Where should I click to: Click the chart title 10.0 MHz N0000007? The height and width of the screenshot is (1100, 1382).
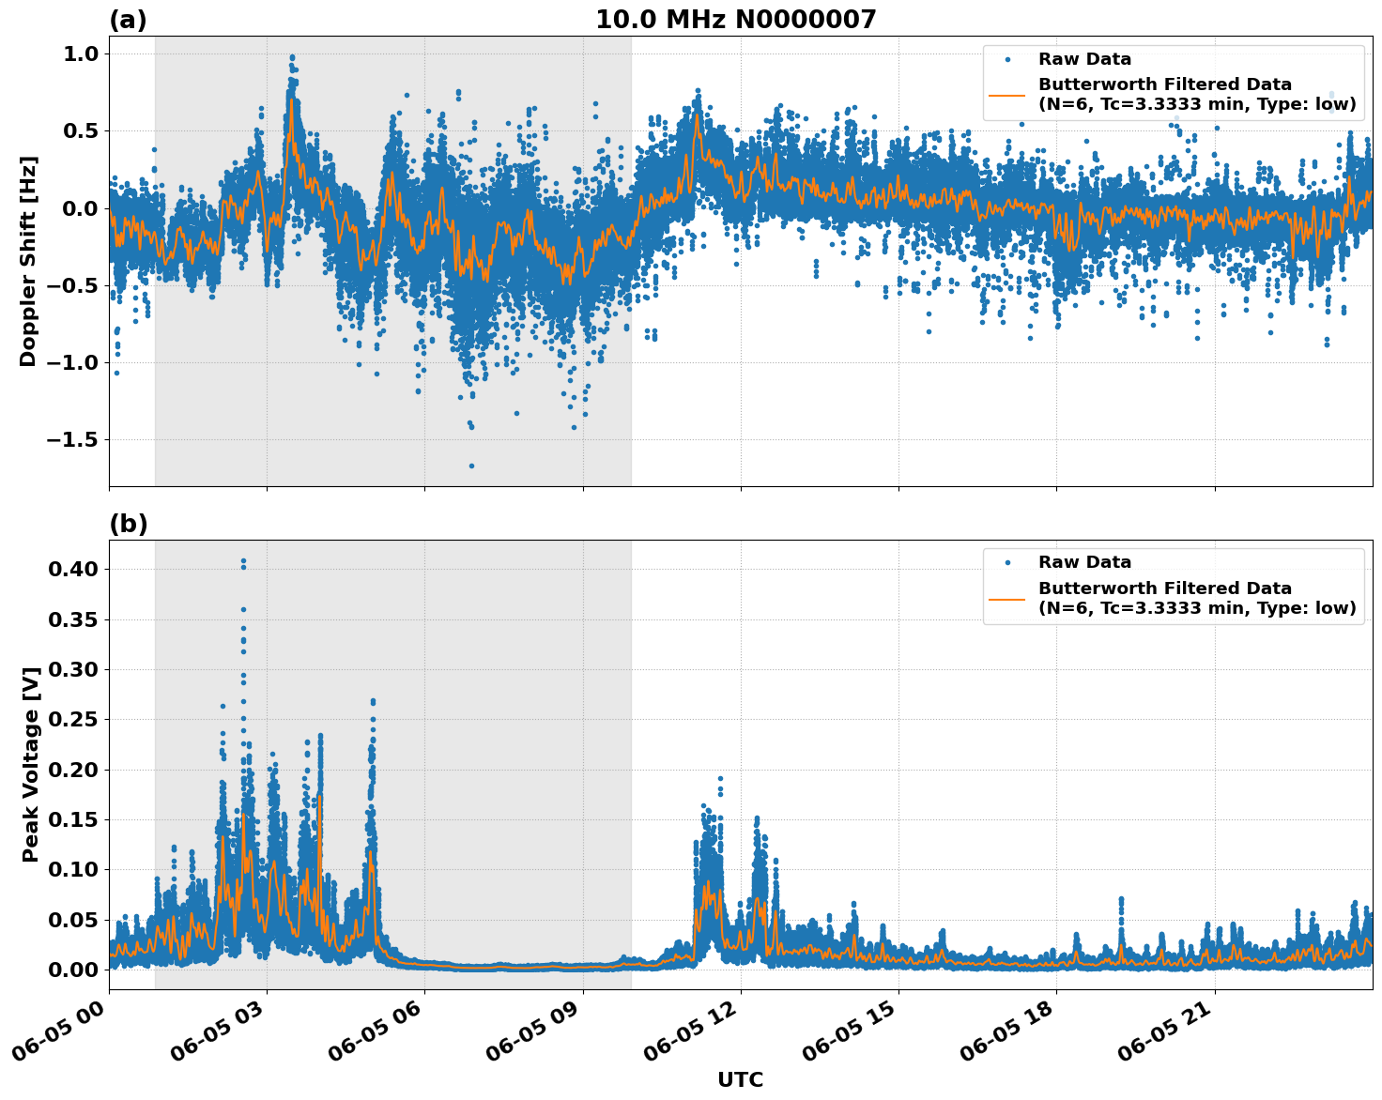click(x=735, y=20)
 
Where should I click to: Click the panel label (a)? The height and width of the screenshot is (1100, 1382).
click(x=128, y=20)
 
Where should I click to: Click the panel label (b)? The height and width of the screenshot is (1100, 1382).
click(x=128, y=524)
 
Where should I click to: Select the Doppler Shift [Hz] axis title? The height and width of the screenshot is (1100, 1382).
click(x=28, y=261)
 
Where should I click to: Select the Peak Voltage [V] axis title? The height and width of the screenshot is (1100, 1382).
click(x=31, y=764)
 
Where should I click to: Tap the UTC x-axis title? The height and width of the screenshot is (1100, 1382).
click(x=740, y=1080)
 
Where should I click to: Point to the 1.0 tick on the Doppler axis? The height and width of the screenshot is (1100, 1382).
click(x=81, y=54)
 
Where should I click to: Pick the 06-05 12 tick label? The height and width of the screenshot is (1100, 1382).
click(x=696, y=1030)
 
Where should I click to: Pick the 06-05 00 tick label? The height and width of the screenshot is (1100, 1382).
click(x=64, y=1030)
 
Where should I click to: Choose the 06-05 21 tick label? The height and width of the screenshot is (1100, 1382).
click(x=1170, y=1030)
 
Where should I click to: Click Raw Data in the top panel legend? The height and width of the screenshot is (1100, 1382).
click(x=1084, y=59)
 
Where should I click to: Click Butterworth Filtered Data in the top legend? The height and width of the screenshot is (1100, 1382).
click(x=1164, y=84)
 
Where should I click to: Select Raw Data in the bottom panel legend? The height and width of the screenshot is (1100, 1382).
click(x=1084, y=562)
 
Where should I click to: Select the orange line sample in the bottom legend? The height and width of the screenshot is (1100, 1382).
click(x=1008, y=598)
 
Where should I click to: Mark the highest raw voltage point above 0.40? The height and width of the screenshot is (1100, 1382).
click(x=243, y=561)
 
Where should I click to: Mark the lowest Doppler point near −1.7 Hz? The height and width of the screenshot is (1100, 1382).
click(x=471, y=466)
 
